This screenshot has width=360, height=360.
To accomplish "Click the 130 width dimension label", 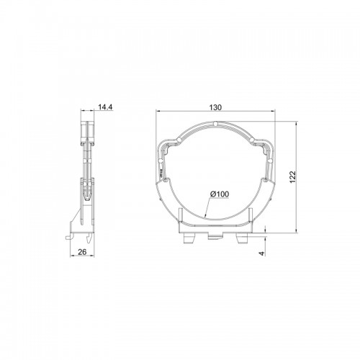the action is coord(215,107).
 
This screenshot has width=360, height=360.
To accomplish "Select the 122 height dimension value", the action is coord(293,177).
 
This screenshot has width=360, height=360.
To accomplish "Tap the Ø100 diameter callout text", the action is coord(220,194).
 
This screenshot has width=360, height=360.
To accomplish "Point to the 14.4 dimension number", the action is coord(105,107).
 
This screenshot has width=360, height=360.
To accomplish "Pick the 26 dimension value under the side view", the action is coord(82,252).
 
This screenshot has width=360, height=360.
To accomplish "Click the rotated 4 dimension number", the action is coord(262,253).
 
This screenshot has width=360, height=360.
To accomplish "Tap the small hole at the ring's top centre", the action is coord(216,124).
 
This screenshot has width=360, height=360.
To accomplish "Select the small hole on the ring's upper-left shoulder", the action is coord(179,140).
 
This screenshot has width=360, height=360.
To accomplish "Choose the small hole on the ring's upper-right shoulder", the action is coord(252,140).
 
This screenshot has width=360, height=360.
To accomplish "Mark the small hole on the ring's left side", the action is coord(161,161).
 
